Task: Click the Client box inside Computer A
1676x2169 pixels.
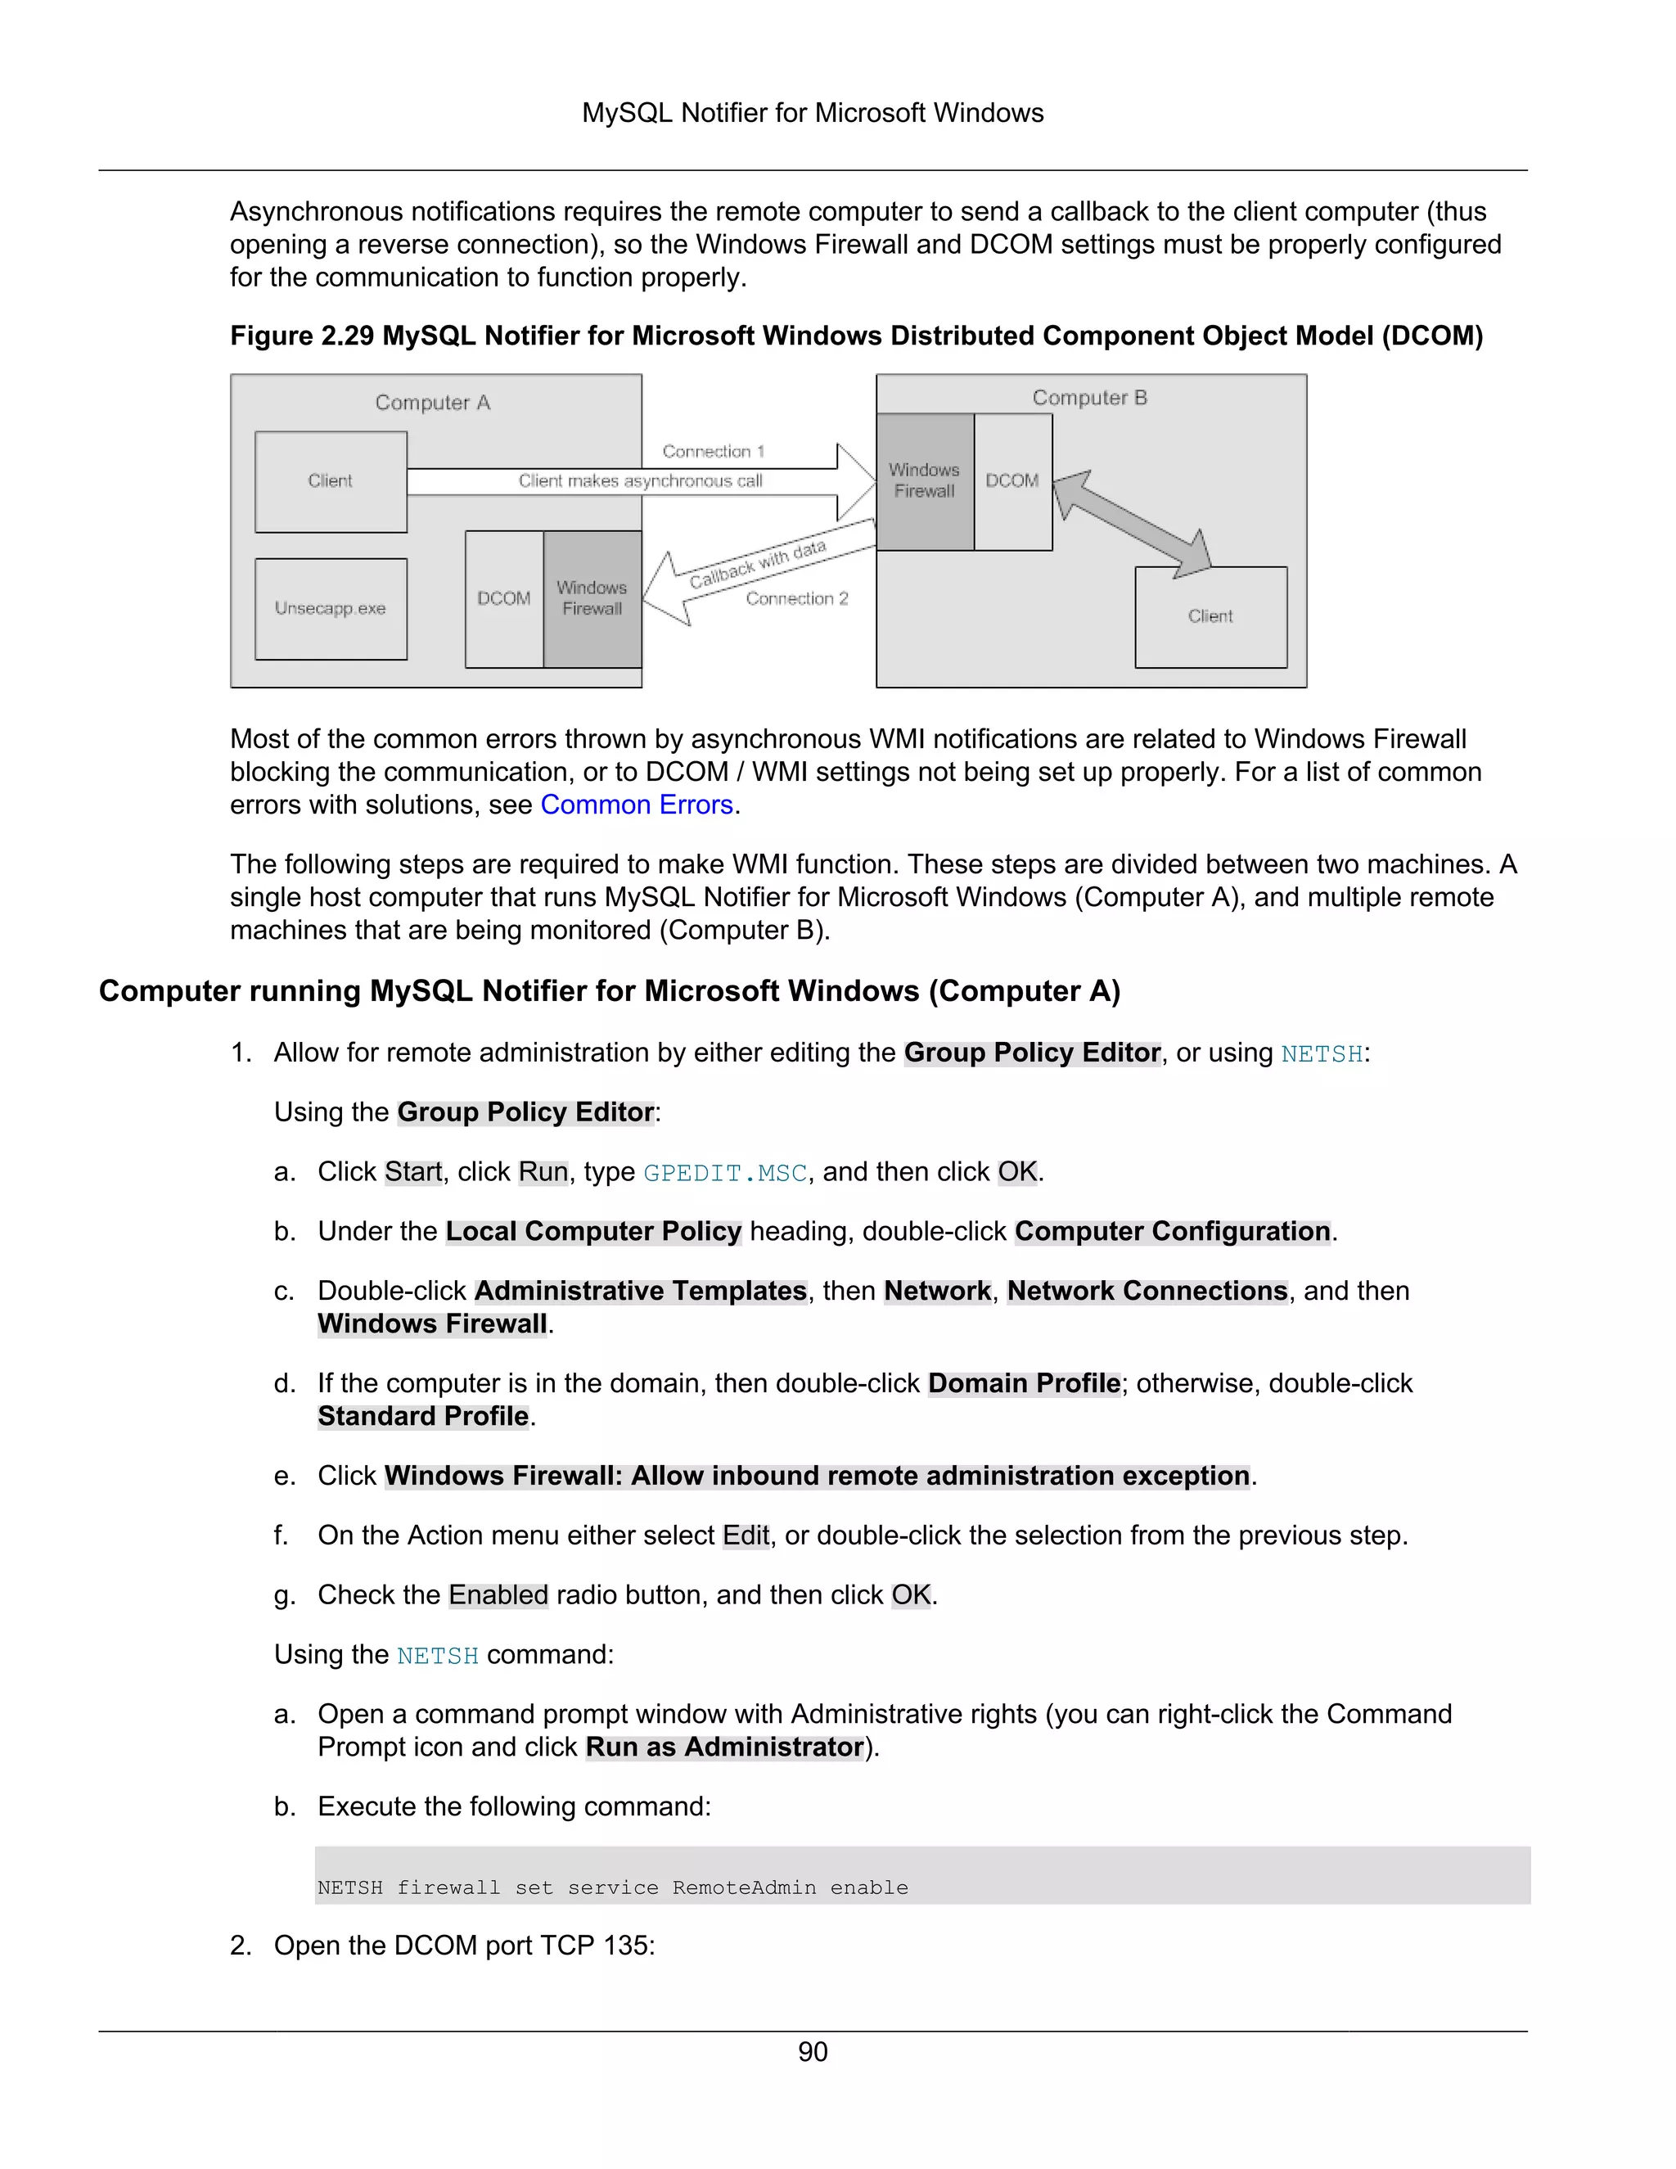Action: coord(331,481)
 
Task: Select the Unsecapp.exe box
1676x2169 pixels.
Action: coord(331,609)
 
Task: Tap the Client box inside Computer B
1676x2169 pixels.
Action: coord(1210,617)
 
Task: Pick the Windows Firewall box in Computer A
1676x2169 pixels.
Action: coord(592,599)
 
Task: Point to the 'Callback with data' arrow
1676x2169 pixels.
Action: coord(758,567)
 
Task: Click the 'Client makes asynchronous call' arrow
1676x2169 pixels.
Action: coord(641,481)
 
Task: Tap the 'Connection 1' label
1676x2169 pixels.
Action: coord(713,451)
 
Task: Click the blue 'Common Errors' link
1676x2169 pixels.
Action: coord(637,805)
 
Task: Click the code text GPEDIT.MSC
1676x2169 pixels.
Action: coord(725,1173)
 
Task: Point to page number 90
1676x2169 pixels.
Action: coord(812,2052)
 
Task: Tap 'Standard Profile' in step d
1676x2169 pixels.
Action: coord(423,1416)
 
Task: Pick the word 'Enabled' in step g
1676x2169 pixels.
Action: coord(498,1595)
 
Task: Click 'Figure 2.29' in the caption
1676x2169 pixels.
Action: coord(302,336)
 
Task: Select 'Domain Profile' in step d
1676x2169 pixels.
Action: coord(1024,1383)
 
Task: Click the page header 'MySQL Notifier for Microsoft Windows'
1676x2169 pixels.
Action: coord(812,113)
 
